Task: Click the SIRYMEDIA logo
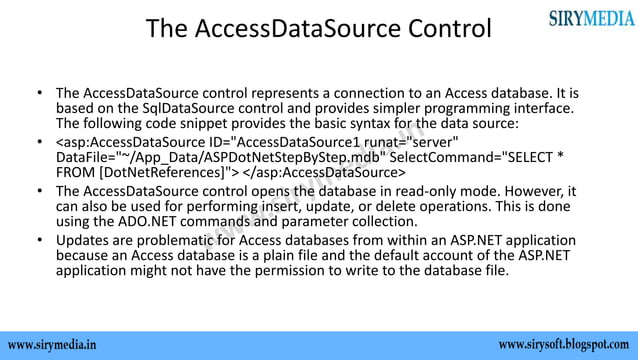pyautogui.click(x=590, y=18)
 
